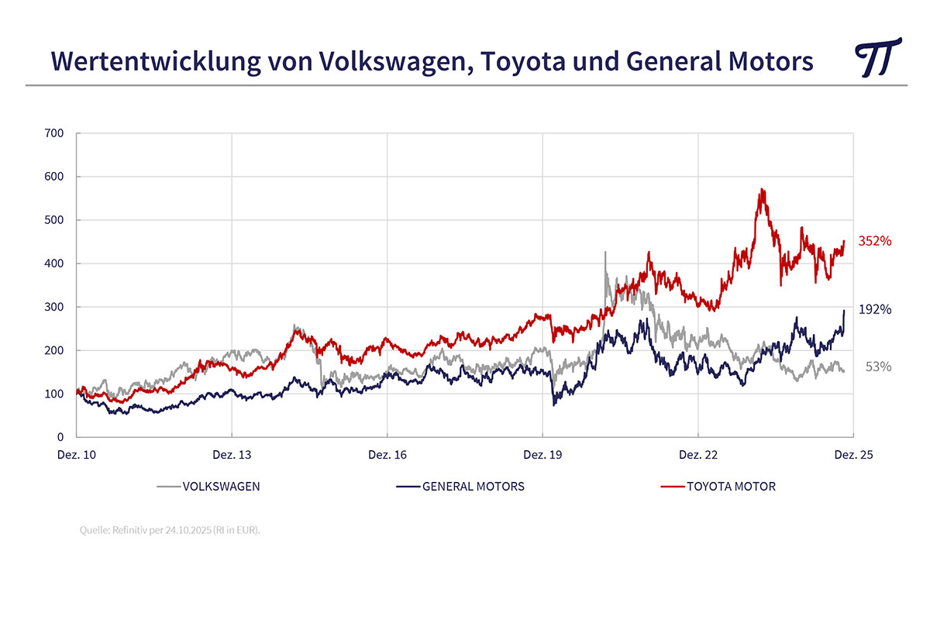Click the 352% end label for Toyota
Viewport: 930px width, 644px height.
875,241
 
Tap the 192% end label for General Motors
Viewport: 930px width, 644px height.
875,309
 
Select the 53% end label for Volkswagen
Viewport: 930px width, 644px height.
878,367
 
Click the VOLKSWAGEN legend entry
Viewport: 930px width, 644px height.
221,487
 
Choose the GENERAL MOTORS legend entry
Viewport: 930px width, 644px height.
473,487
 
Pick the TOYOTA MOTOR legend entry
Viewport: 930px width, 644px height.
731,487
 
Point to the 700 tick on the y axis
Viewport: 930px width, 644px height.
55,133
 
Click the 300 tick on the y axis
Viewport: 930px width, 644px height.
55,307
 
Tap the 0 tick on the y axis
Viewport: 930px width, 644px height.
60,437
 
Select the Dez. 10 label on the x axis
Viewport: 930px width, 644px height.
77,456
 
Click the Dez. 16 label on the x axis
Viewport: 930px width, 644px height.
387,456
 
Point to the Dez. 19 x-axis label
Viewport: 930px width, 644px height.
543,456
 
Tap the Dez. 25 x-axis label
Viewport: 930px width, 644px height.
853,456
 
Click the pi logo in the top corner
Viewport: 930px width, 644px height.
877,57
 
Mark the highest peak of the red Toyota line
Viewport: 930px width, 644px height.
763,189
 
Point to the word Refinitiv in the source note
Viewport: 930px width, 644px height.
131,531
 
